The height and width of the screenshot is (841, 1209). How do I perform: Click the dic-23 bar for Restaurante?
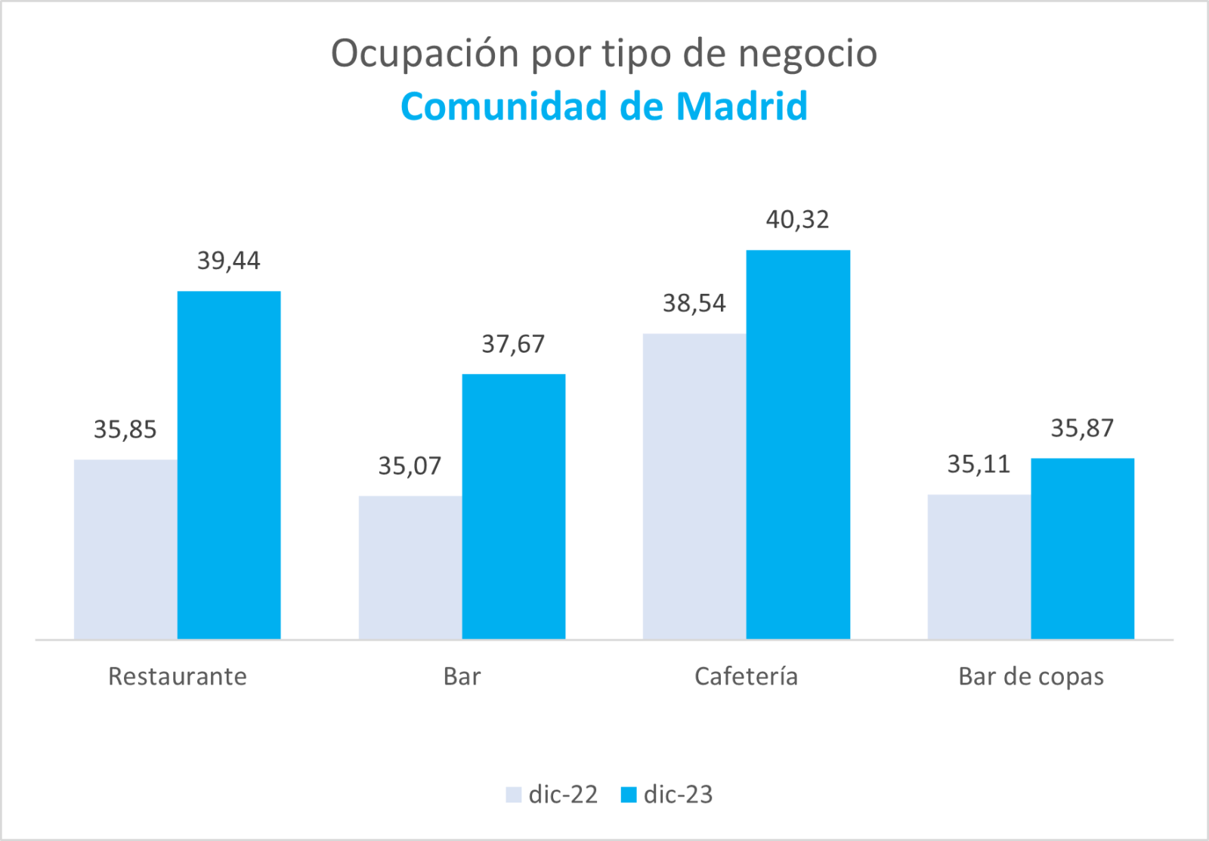click(229, 465)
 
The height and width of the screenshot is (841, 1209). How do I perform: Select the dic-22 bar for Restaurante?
click(125, 549)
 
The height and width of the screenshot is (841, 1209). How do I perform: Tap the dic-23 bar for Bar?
click(514, 506)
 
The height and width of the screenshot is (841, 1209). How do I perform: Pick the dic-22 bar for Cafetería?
click(694, 486)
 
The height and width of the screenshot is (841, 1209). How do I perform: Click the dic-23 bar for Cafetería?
click(798, 444)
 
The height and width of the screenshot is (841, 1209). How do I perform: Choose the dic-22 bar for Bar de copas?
click(979, 567)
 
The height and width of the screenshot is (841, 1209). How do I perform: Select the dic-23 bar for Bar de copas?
click(1082, 549)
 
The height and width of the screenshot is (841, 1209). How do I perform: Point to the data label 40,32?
click(797, 220)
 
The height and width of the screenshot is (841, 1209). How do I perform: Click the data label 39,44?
click(228, 261)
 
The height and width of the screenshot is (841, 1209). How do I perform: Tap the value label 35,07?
click(410, 466)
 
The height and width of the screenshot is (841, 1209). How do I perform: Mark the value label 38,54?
click(694, 304)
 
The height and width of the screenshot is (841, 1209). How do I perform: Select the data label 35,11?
click(979, 465)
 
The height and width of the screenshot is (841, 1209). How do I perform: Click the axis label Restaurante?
click(178, 676)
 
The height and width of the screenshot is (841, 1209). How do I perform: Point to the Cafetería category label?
click(746, 676)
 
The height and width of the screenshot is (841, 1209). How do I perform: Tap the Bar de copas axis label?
click(1031, 676)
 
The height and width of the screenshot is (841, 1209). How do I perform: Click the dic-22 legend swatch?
click(514, 795)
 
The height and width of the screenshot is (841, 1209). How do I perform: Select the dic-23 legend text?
click(678, 795)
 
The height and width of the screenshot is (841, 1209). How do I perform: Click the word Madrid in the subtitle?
click(741, 107)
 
